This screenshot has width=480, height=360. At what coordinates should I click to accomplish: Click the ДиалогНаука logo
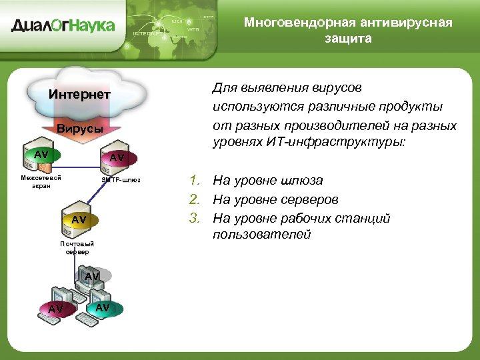[63, 26]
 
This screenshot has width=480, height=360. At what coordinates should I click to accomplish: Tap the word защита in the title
[348, 38]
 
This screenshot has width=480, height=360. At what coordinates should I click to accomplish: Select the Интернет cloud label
[79, 94]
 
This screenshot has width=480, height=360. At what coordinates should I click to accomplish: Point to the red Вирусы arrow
[79, 128]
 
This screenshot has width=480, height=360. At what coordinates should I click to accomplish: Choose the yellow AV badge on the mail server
[79, 219]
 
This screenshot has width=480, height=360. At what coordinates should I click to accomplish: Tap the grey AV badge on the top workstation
[92, 276]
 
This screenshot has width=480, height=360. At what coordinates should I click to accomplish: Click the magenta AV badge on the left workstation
[56, 309]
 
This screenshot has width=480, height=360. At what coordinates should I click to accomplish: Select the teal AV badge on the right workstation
[103, 307]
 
